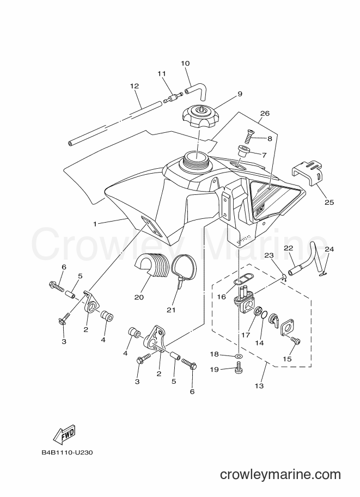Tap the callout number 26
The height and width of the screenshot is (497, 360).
pyautogui.click(x=265, y=113)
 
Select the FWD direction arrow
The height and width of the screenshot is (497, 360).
pyautogui.click(x=63, y=433)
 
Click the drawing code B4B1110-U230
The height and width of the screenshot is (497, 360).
pyautogui.click(x=67, y=452)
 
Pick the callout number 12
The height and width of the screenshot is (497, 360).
pyautogui.click(x=135, y=86)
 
